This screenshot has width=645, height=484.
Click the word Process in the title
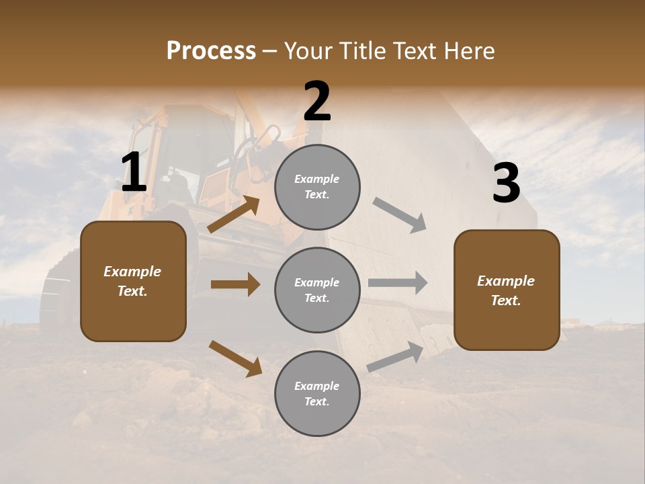point(211,50)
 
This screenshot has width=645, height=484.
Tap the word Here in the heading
point(465,50)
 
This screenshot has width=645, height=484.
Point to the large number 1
point(134,173)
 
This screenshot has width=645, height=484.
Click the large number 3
point(506,183)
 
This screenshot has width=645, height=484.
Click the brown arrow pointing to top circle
point(234,214)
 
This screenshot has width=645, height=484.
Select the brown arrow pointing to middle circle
point(235,284)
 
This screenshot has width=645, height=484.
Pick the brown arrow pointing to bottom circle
point(235,358)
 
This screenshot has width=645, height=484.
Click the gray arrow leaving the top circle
point(400,215)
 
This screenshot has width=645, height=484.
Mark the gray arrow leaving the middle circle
point(398,283)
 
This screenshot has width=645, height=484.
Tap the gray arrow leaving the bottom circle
point(396,357)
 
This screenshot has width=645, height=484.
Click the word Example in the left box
point(132,272)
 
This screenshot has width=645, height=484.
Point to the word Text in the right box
point(505,300)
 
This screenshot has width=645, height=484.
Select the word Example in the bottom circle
point(317,386)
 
